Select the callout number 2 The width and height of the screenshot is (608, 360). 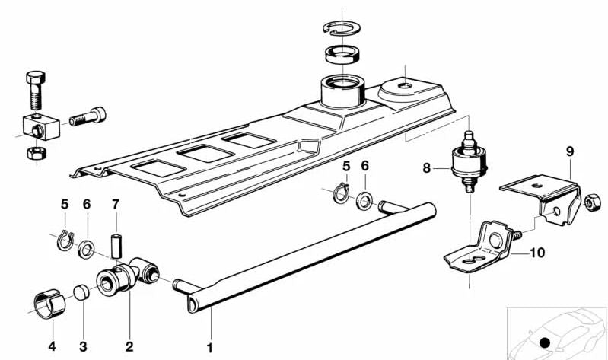tap(128, 346)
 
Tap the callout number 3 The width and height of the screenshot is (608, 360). tap(84, 346)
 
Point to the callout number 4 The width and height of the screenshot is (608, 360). tap(52, 346)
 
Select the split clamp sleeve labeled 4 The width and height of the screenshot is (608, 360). tap(51, 302)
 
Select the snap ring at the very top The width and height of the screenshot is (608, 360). tap(342, 29)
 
